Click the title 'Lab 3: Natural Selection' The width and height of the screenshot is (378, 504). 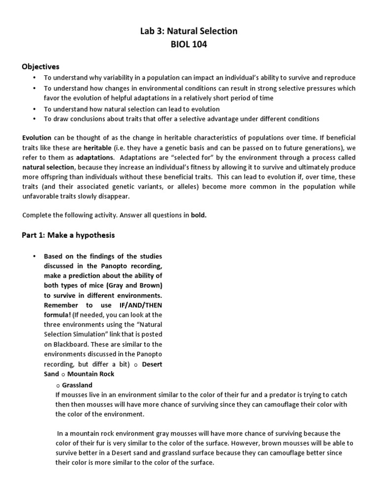coord(189,31)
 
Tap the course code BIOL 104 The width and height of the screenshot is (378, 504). coord(189,45)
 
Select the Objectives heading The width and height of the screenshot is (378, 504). coord(40,66)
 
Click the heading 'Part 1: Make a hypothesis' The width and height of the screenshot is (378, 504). coord(68,235)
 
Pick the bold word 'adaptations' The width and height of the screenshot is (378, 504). coord(93,157)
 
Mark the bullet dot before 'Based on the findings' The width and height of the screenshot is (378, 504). coord(34,256)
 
